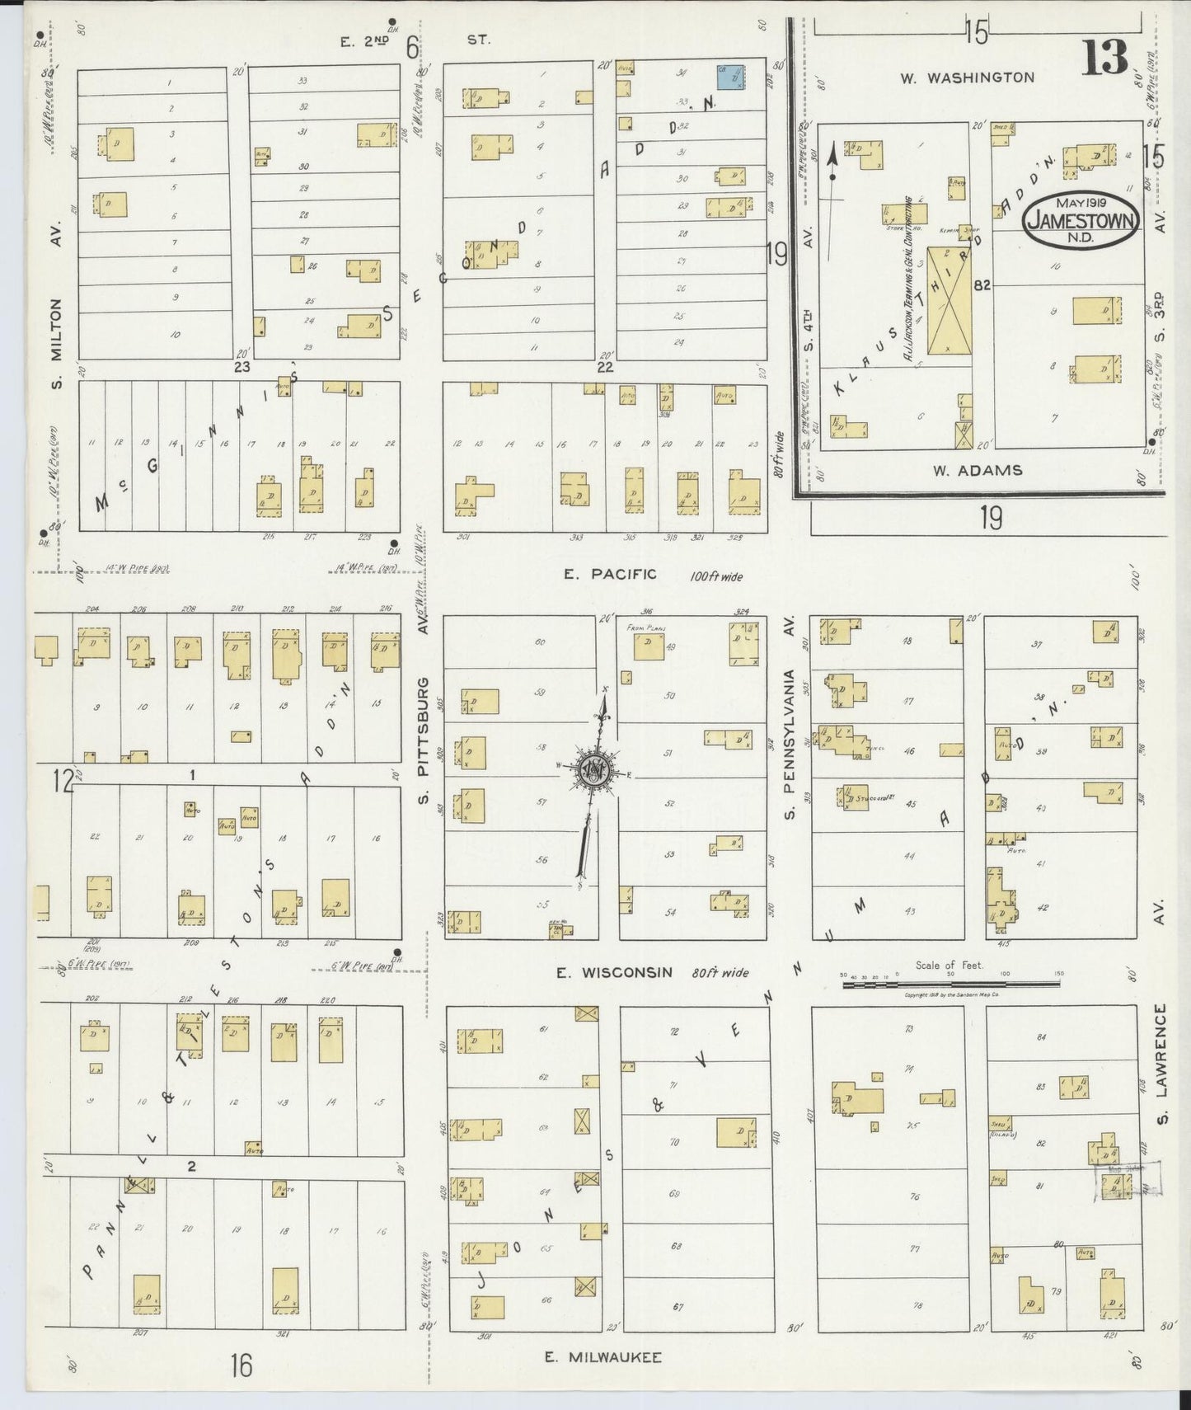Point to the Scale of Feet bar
[950, 983]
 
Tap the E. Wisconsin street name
[614, 973]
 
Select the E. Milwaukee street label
[603, 1357]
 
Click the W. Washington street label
[967, 78]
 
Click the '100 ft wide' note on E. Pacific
[715, 576]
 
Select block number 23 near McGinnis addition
[241, 366]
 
